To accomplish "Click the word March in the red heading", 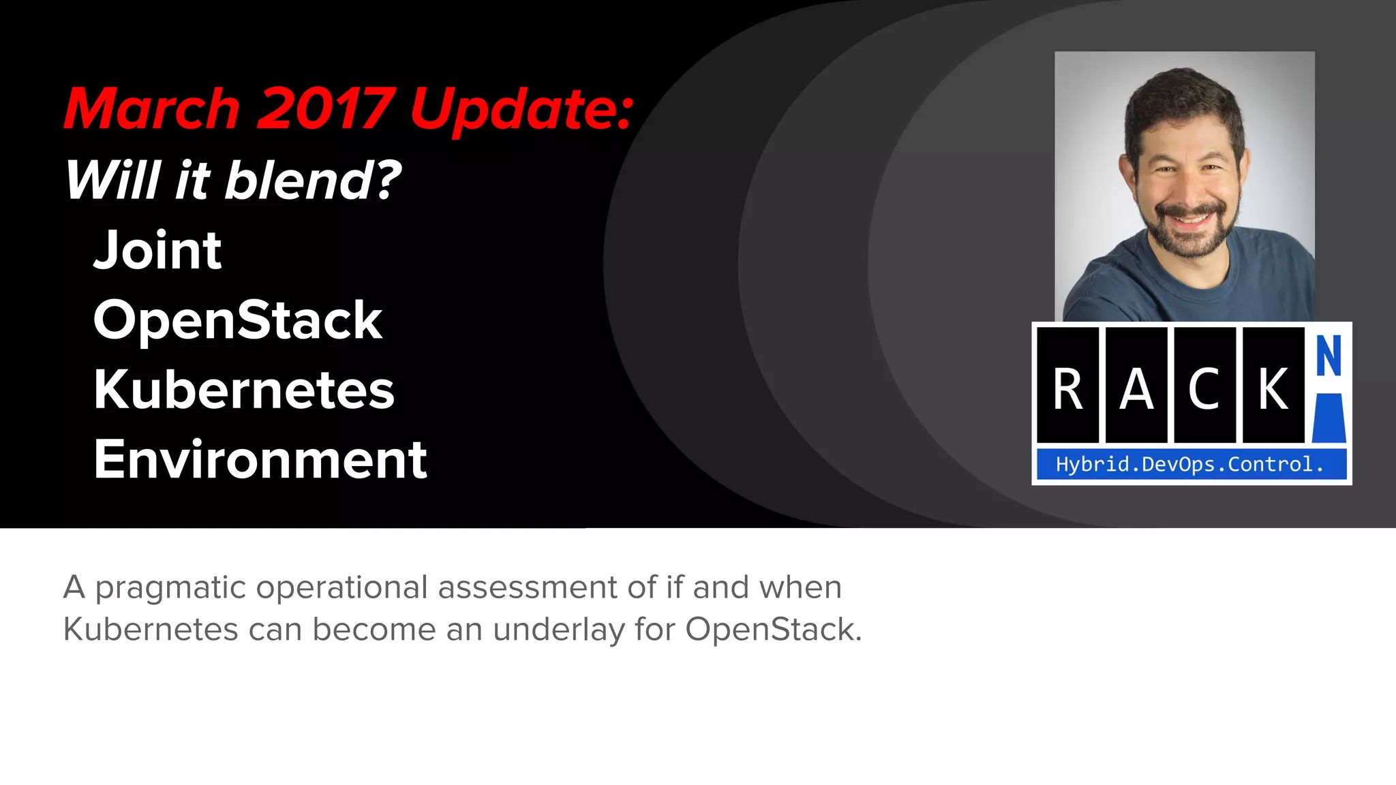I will [151, 109].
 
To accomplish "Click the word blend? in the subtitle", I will [313, 180].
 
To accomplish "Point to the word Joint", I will [157, 250].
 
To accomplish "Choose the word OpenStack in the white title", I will [238, 320].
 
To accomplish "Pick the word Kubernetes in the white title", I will [244, 390].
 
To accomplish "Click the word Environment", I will [260, 460].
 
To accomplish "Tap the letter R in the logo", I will [1067, 389].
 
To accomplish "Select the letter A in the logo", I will [1136, 389].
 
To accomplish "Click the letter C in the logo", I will [1204, 389].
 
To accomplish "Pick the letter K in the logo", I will [1273, 389].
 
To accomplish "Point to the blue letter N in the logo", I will [1329, 356].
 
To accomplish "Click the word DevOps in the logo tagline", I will [1179, 465].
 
